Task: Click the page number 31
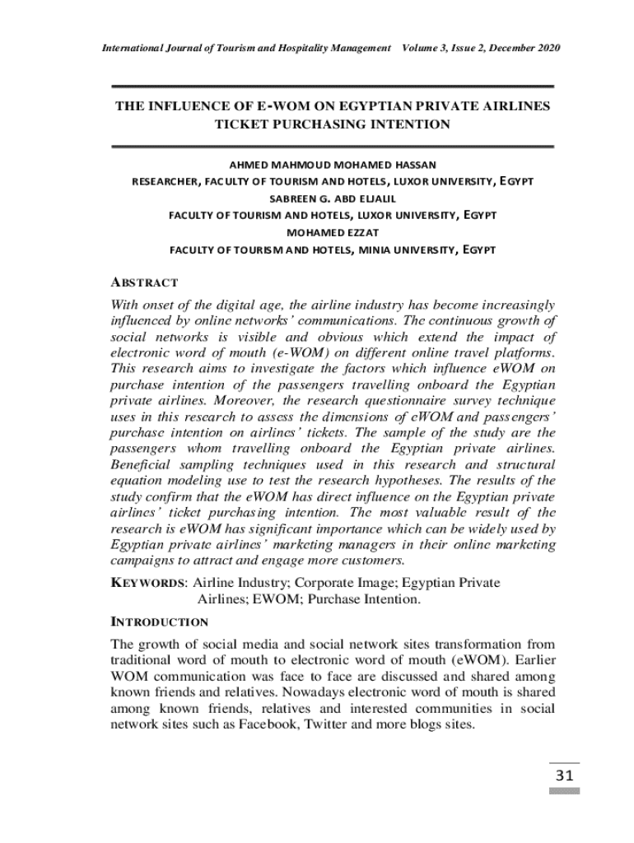(x=564, y=775)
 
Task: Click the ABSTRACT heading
(x=144, y=282)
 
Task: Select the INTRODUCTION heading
(x=160, y=622)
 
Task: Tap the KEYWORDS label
(x=148, y=583)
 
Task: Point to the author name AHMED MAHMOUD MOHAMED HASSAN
(x=333, y=165)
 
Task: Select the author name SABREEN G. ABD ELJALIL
(x=333, y=198)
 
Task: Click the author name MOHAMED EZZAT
(x=333, y=232)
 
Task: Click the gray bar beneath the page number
(x=564, y=790)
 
